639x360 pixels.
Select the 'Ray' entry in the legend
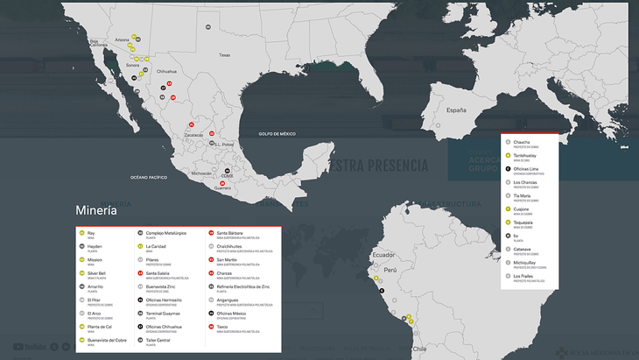[x=91, y=233]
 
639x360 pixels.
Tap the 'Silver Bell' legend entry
[x=96, y=273]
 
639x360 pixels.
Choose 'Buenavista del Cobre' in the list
[x=107, y=340]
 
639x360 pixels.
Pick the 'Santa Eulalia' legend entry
[x=158, y=273]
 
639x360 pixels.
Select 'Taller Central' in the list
[x=158, y=340]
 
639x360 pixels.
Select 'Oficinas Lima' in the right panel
[x=526, y=168]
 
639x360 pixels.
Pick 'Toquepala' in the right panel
[x=523, y=222]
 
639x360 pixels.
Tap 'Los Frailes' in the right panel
[x=523, y=276]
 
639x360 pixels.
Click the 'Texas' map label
[x=224, y=55]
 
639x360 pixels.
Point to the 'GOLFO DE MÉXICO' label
[x=277, y=133]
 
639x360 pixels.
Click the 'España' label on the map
[x=456, y=111]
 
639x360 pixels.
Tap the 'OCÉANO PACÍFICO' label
[x=149, y=177]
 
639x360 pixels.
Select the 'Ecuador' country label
[x=383, y=255]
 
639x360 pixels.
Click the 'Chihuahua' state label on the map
[x=166, y=71]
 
